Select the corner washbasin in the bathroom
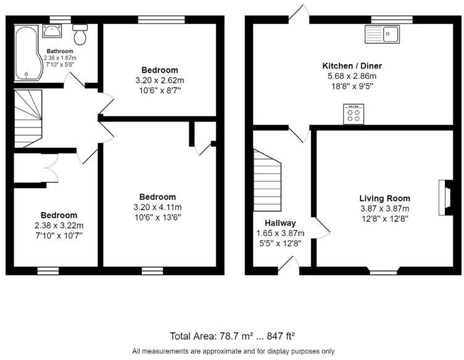51,31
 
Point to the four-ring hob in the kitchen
354,115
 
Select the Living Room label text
384,198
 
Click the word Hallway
280,223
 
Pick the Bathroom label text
60,51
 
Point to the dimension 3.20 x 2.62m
159,80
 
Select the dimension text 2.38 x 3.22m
60,225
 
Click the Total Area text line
232,336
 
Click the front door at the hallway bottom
288,265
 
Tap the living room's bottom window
384,271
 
